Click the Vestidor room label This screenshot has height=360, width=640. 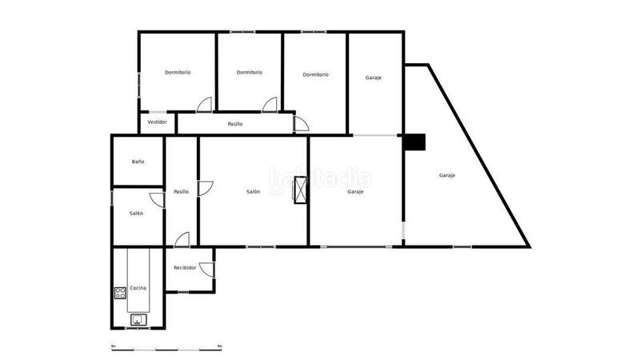click(x=158, y=122)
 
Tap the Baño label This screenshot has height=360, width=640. click(x=138, y=162)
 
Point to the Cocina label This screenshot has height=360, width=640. click(x=138, y=288)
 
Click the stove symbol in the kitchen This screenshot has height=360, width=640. click(x=121, y=293)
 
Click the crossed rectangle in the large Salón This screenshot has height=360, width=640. click(x=301, y=192)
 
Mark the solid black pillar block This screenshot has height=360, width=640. click(x=414, y=142)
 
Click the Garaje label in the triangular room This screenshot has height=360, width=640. click(x=447, y=175)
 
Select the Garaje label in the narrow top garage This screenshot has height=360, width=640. click(x=374, y=78)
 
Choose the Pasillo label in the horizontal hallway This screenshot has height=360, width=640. click(x=235, y=124)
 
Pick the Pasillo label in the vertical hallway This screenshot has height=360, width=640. click(x=182, y=191)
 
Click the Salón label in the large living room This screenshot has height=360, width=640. click(x=253, y=191)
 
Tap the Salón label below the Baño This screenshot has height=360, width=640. click(x=137, y=213)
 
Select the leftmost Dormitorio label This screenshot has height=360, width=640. click(x=178, y=73)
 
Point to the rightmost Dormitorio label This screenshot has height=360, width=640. click(x=316, y=74)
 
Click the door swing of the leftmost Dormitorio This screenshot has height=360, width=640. click(x=206, y=104)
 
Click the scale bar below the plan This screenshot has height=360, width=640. click(x=166, y=348)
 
